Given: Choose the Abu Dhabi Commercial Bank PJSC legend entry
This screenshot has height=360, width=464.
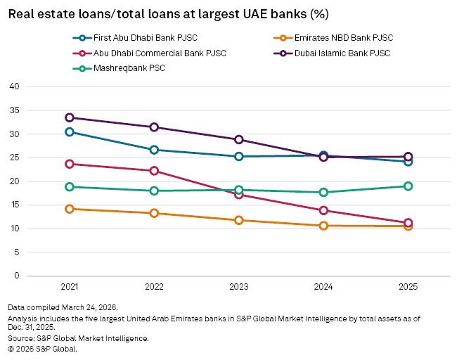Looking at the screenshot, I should click(x=145, y=53).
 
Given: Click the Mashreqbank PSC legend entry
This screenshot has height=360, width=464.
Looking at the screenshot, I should click(x=120, y=68).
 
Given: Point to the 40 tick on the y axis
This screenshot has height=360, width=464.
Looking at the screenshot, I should click(x=13, y=86).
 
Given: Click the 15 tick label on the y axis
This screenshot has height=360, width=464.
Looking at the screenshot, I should click(x=13, y=205).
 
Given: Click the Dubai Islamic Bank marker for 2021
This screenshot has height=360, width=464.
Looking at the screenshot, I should click(x=70, y=117).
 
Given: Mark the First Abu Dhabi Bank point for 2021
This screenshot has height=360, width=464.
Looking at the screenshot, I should click(x=70, y=132).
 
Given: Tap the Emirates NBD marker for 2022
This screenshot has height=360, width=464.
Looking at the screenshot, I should click(x=154, y=213).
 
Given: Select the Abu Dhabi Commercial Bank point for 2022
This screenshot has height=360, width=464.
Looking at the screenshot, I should click(x=154, y=171).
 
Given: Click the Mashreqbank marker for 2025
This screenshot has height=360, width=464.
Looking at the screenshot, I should click(x=408, y=186).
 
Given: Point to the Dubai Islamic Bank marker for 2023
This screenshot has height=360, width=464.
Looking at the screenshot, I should click(x=239, y=140).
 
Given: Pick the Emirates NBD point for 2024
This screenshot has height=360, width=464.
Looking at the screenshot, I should click(x=323, y=226).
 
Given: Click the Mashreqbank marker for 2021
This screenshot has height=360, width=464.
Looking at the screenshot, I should click(x=70, y=187).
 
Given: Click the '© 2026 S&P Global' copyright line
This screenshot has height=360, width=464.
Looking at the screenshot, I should click(x=42, y=349).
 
